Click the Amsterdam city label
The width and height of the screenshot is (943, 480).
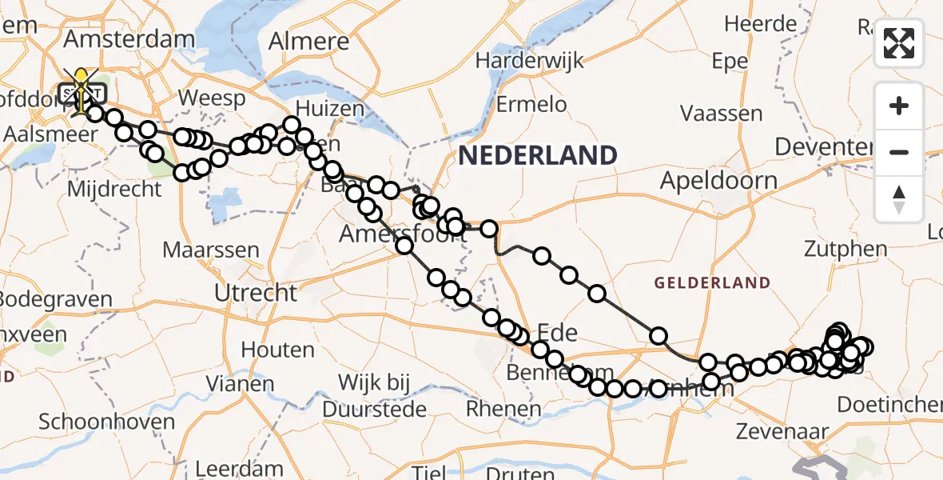click(x=129, y=38)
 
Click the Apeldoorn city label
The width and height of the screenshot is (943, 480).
click(x=718, y=180)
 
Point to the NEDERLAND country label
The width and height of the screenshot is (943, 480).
click(x=538, y=154)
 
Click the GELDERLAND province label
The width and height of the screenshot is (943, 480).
click(x=712, y=282)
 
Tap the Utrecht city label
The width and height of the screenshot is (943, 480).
click(x=256, y=292)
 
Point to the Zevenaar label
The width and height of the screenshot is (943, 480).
click(x=782, y=431)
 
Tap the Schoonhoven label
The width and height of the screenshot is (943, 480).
click(x=107, y=422)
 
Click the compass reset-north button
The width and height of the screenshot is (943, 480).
click(x=899, y=198)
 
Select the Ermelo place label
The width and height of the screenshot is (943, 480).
click(x=531, y=104)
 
